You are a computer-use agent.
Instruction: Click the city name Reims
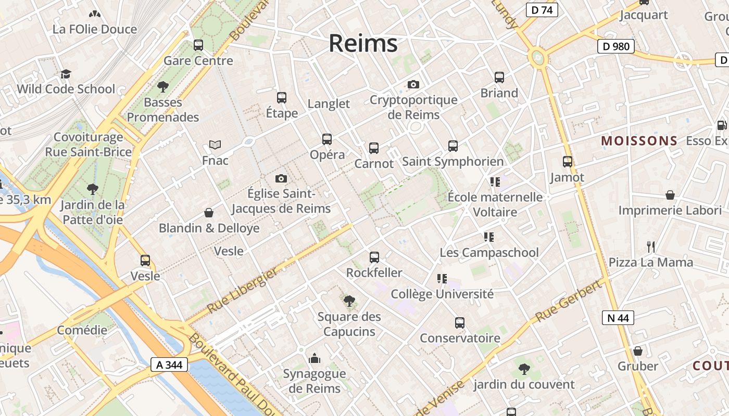click(363, 43)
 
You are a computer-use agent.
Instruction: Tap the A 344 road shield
click(169, 365)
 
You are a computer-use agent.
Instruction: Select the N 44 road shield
click(618, 318)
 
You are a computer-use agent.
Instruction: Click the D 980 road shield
click(616, 46)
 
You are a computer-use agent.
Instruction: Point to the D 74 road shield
click(542, 10)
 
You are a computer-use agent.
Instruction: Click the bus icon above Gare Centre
click(198, 45)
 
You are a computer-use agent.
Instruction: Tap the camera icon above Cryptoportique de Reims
click(413, 84)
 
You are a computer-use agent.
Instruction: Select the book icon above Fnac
click(215, 145)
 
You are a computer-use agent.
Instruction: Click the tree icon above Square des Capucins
click(349, 301)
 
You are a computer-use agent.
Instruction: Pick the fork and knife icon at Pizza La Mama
click(650, 246)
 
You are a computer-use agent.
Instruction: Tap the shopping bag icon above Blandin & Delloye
click(209, 213)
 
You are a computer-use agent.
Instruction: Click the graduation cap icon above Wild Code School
click(66, 74)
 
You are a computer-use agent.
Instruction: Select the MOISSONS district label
click(639, 141)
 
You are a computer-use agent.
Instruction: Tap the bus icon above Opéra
click(327, 139)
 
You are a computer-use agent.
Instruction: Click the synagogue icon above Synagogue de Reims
click(315, 358)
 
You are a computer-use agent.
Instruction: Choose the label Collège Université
click(442, 294)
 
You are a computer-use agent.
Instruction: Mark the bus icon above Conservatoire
click(459, 323)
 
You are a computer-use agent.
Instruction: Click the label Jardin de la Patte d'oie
click(93, 212)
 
